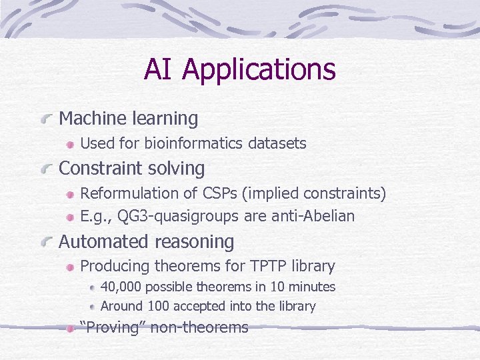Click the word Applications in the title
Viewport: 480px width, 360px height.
pos(259,70)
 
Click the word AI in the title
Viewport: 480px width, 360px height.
pos(159,69)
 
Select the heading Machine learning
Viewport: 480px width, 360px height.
pos(129,119)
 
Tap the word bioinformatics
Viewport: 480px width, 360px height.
pos(193,143)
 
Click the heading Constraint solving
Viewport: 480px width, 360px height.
pos(132,168)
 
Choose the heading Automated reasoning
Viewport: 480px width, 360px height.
pos(147,241)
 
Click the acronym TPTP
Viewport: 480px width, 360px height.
pos(269,266)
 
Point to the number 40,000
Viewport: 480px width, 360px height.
pos(121,287)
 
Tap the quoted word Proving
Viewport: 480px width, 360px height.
pos(113,327)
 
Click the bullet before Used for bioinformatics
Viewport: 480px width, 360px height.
pos(70,144)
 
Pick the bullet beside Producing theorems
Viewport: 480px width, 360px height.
pos(70,267)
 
